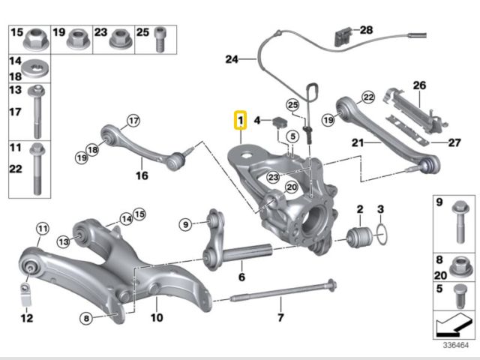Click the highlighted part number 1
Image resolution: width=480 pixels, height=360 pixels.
pyautogui.click(x=240, y=119)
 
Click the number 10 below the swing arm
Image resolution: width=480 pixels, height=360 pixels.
pyautogui.click(x=156, y=317)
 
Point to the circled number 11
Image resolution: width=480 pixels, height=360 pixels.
pyautogui.click(x=43, y=228)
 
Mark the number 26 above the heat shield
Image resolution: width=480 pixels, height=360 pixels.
pyautogui.click(x=418, y=85)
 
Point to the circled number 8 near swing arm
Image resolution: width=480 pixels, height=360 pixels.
pyautogui.click(x=87, y=319)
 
